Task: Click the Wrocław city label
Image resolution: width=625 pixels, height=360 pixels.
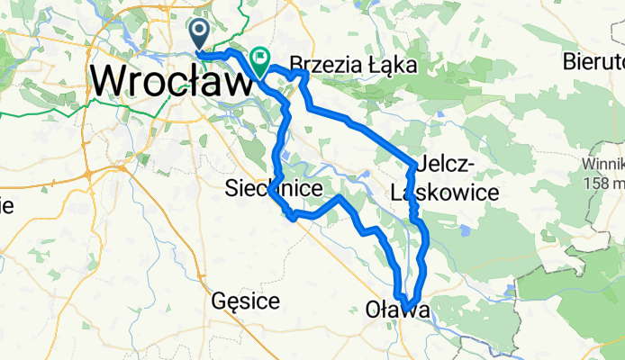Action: [171, 82]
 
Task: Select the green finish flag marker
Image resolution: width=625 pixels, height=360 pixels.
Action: [260, 62]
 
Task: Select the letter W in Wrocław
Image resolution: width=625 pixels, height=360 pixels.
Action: [108, 82]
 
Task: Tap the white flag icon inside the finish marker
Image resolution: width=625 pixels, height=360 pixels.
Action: [260, 60]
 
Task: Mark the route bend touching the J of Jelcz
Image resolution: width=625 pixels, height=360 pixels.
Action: [415, 165]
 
